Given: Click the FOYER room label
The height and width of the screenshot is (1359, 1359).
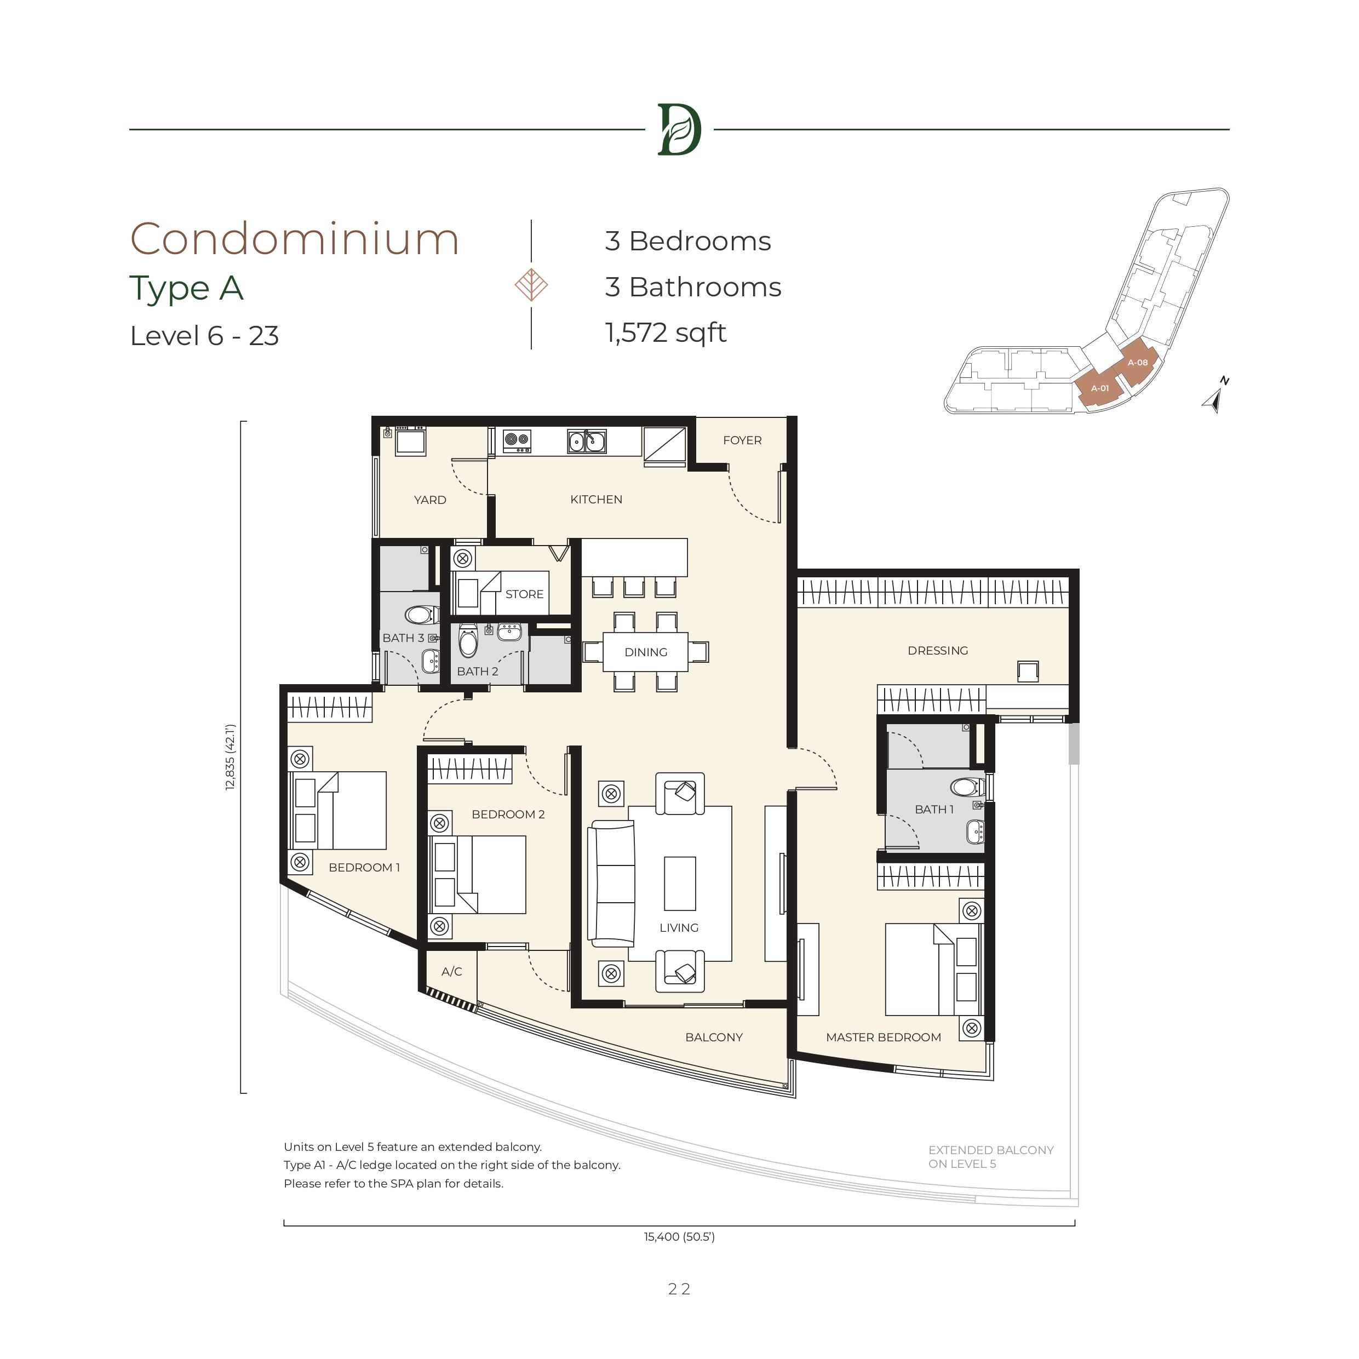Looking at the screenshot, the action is pyautogui.click(x=742, y=440).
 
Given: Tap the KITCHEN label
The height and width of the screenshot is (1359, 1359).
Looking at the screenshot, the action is pyautogui.click(x=596, y=500).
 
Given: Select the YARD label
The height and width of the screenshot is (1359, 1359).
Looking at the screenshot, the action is pyautogui.click(x=430, y=500).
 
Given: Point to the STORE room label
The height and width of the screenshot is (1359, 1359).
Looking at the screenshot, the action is pyautogui.click(x=524, y=594).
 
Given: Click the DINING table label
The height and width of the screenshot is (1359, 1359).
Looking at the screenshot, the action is pyautogui.click(x=646, y=652).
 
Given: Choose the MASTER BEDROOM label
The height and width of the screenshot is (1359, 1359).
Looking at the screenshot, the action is pyautogui.click(x=884, y=1037).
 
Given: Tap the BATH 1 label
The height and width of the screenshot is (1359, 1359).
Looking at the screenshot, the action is pyautogui.click(x=934, y=810).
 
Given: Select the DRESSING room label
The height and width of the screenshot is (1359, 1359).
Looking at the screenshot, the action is pyautogui.click(x=938, y=651).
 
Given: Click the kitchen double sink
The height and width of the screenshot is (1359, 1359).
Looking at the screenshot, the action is pyautogui.click(x=587, y=441).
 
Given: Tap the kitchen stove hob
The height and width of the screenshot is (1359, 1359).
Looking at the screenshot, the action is pyautogui.click(x=517, y=441).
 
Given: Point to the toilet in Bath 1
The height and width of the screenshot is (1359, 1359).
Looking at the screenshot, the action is pyautogui.click(x=968, y=787).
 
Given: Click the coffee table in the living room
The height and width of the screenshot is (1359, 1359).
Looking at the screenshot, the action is pyautogui.click(x=679, y=884).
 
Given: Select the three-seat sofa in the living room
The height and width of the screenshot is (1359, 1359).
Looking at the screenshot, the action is pyautogui.click(x=611, y=884).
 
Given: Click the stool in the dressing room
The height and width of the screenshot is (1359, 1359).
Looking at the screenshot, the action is pyautogui.click(x=1028, y=671).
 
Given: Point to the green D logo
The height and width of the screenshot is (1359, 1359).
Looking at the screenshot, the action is pyautogui.click(x=679, y=129).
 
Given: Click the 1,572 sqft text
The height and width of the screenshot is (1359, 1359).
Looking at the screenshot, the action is pyautogui.click(x=666, y=332).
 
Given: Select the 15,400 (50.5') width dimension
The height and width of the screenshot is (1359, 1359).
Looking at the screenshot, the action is pyautogui.click(x=679, y=1237).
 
